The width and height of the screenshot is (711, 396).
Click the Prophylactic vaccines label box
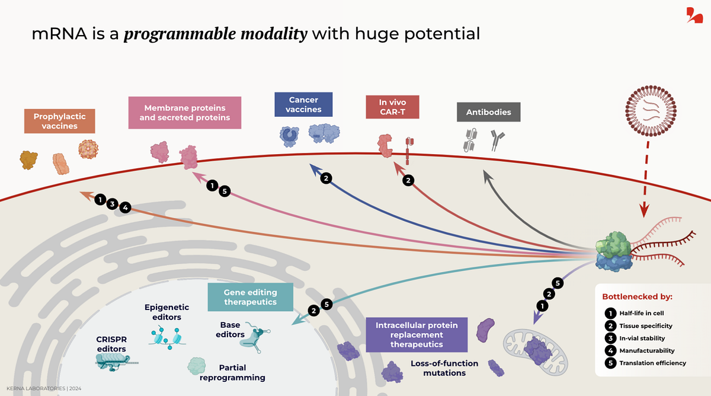coord(59,121)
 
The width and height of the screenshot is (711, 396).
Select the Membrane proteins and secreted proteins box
coord(184,113)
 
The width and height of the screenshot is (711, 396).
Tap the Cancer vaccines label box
coord(303,104)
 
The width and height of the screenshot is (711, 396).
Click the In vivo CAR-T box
coord(393,107)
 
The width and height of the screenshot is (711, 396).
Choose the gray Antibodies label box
coord(488,111)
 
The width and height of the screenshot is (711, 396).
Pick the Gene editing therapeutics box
coord(250,297)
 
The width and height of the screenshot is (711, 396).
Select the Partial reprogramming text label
coord(241,372)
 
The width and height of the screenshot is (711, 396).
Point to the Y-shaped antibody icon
coord(495,141)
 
